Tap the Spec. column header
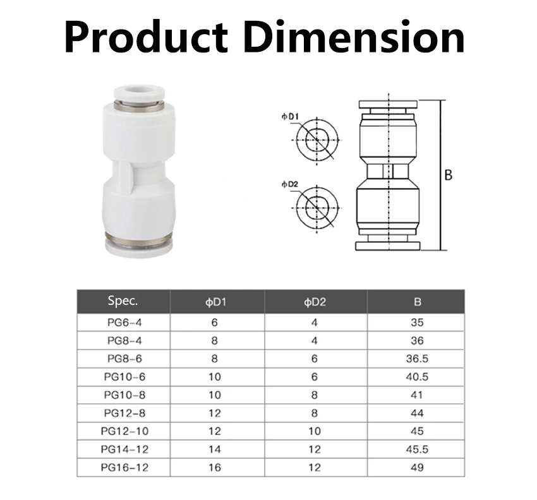123,301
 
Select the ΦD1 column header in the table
215,302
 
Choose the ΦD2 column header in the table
315,302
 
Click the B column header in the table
417,302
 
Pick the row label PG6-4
124,323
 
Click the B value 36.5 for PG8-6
417,359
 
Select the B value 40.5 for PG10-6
417,377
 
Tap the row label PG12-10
124,431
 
